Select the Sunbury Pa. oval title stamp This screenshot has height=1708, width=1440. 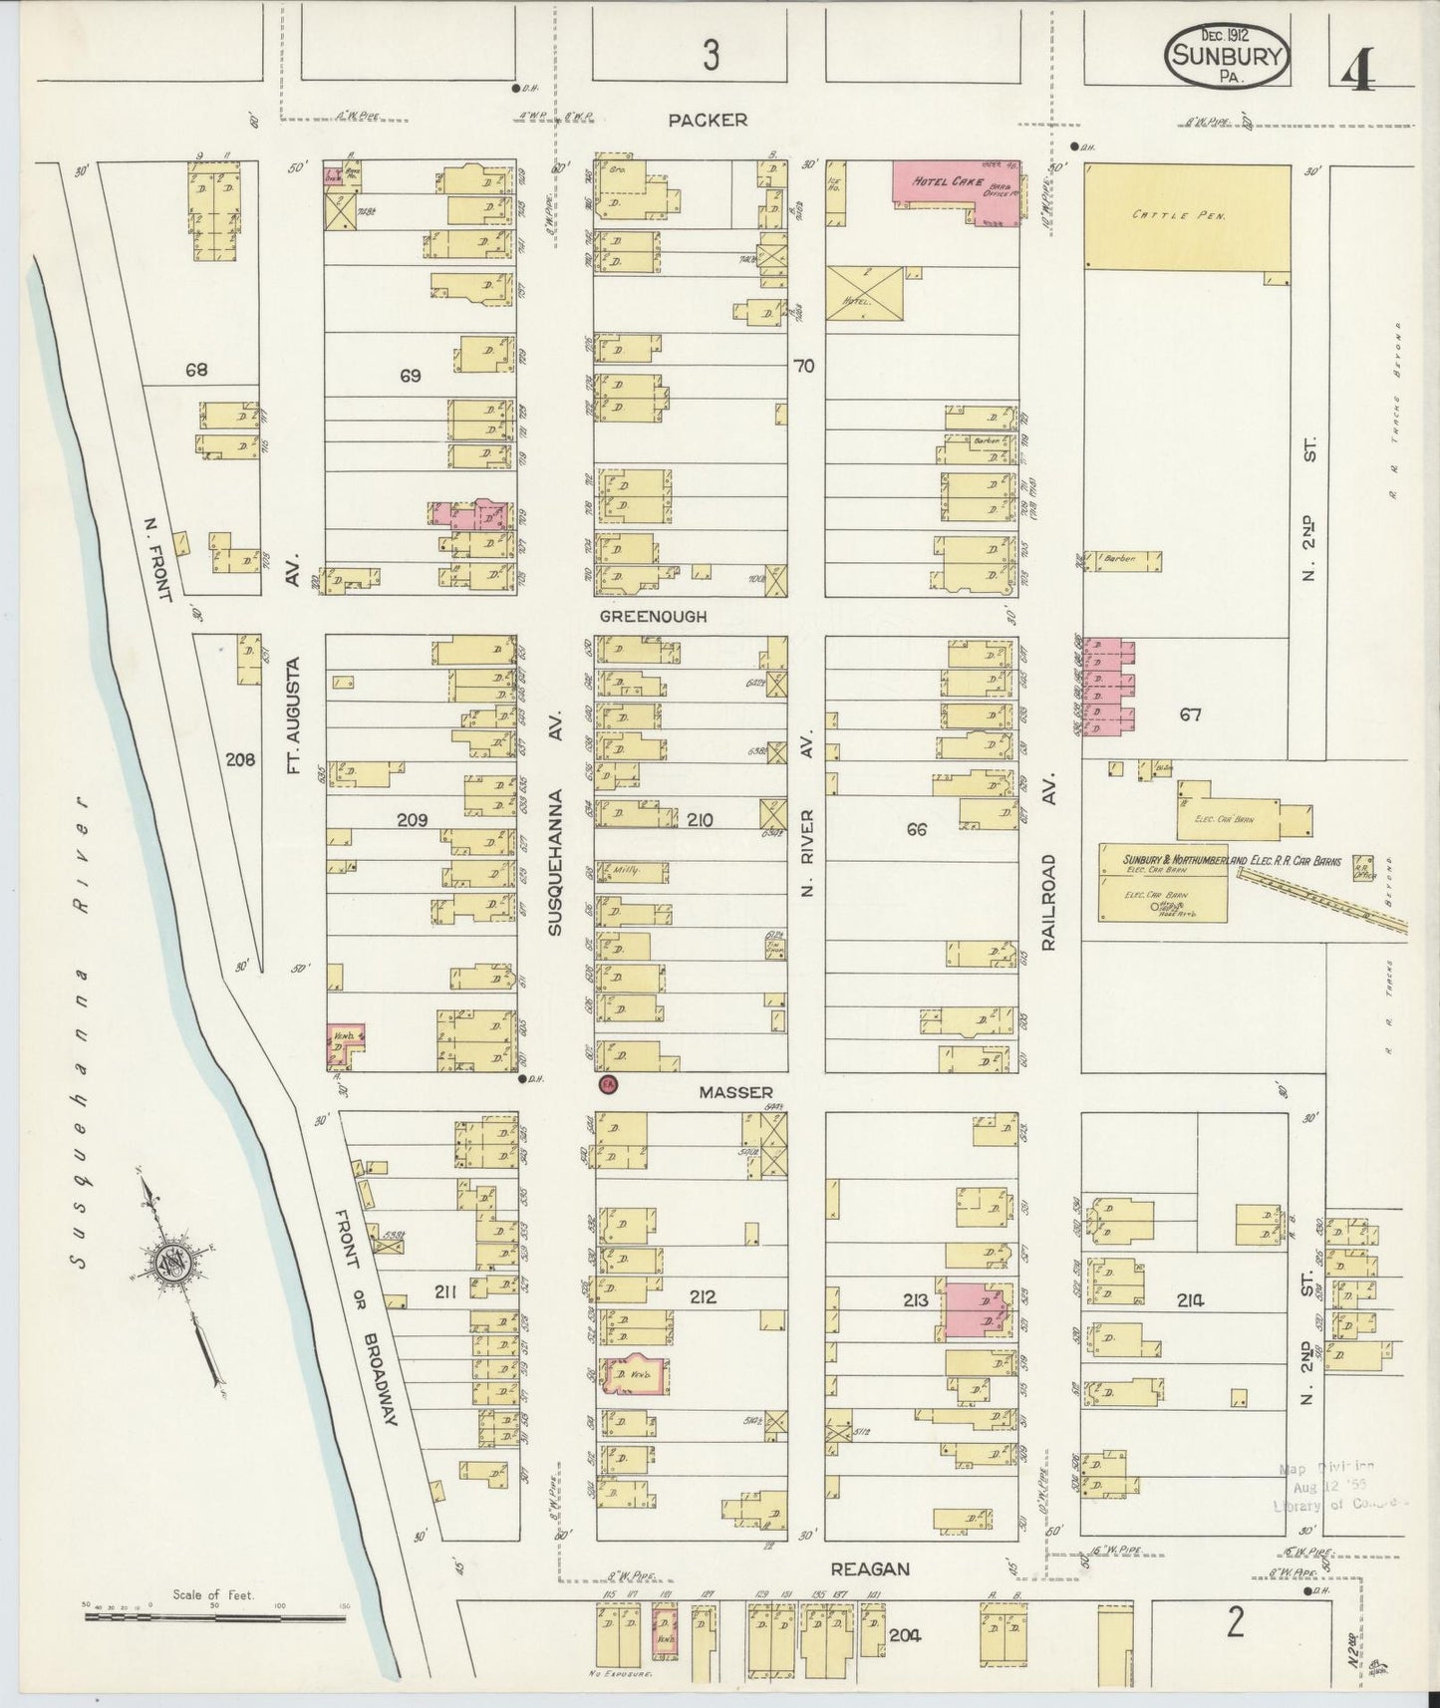pyautogui.click(x=1227, y=57)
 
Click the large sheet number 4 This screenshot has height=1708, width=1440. pyautogui.click(x=1358, y=70)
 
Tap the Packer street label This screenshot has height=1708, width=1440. pyautogui.click(x=708, y=121)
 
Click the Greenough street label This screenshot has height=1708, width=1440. pyautogui.click(x=653, y=617)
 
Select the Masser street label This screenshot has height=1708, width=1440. pyautogui.click(x=735, y=1093)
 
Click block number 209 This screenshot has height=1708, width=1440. pyautogui.click(x=412, y=820)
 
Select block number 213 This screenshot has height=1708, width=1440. pyautogui.click(x=915, y=1299)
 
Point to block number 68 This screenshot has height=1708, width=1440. pyautogui.click(x=196, y=370)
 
